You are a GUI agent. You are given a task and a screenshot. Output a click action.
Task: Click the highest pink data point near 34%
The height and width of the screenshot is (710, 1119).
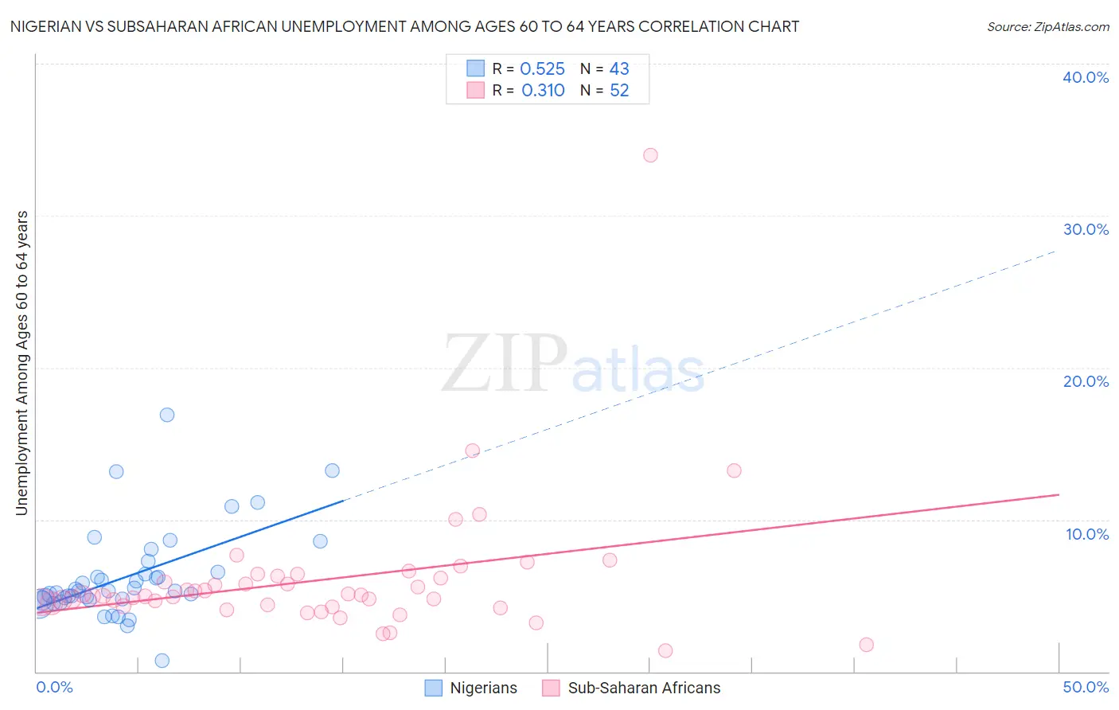(650, 155)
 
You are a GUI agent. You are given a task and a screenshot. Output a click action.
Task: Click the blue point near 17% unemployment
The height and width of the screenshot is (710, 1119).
(167, 415)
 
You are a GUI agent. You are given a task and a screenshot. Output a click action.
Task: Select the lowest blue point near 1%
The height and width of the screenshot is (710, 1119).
(162, 661)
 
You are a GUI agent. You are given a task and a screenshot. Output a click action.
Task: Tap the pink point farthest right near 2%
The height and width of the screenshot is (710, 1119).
(867, 645)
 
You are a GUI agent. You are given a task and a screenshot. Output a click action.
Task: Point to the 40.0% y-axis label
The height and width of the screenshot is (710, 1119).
(1086, 77)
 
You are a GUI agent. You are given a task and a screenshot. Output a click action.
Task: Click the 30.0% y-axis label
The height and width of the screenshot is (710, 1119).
(1086, 229)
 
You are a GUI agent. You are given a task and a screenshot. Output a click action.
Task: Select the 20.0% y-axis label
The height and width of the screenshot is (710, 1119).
(1086, 381)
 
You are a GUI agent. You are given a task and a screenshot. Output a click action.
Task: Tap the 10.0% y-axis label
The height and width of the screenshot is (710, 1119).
(1087, 534)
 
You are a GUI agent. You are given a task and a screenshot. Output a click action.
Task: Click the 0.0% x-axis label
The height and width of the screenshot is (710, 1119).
(55, 687)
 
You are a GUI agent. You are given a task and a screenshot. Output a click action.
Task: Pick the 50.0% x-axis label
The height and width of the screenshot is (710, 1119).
(1086, 687)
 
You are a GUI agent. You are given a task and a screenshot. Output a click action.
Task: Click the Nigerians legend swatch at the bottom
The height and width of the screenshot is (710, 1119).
(434, 688)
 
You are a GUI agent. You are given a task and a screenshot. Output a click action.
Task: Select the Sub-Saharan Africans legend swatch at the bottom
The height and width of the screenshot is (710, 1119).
(551, 688)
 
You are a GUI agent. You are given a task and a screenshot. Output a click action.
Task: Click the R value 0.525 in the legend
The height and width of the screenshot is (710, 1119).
(542, 69)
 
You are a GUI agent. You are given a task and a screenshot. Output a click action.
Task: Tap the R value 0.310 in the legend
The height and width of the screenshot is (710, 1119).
(543, 91)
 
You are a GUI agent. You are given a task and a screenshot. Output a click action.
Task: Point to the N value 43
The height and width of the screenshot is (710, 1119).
(619, 69)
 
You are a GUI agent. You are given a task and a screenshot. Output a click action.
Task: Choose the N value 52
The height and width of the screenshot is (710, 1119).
(619, 91)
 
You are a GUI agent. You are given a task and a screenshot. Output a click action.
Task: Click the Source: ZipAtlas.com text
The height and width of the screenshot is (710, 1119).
(1048, 27)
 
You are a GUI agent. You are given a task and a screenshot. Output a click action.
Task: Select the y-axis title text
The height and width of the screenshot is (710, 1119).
(22, 363)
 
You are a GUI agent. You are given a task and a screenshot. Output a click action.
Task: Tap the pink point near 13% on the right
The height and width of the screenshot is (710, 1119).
(734, 470)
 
